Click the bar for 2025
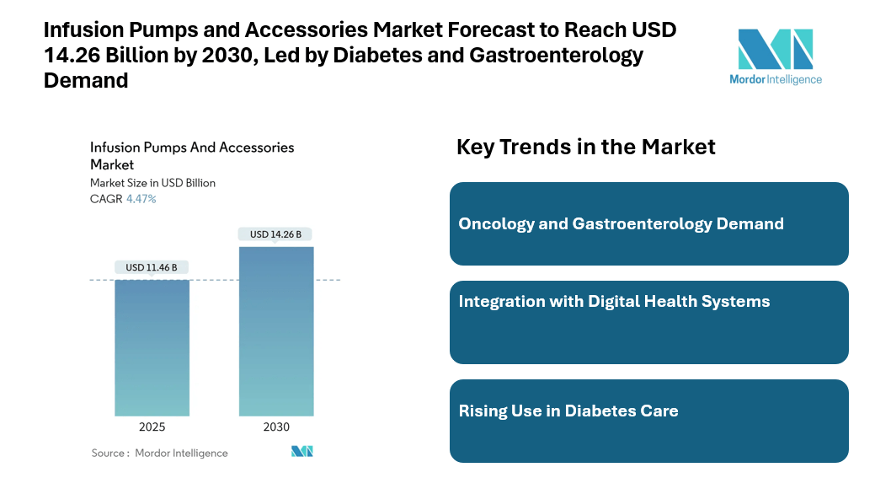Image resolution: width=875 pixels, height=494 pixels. [x=152, y=347]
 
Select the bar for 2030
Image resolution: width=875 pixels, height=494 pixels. [x=276, y=330]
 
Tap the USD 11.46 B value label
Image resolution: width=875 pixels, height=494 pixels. [x=152, y=267]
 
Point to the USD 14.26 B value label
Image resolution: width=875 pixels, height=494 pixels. [x=276, y=234]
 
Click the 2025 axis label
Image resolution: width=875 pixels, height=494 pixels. [x=152, y=427]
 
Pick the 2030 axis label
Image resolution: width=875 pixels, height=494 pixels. [x=276, y=427]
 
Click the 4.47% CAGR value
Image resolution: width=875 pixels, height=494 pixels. [x=141, y=199]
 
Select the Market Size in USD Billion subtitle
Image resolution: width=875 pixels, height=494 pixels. [x=152, y=183]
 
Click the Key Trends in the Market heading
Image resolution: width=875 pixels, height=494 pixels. [x=585, y=147]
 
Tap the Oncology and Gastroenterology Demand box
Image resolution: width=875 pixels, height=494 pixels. [x=648, y=224]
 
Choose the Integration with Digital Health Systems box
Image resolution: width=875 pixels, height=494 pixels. [x=648, y=322]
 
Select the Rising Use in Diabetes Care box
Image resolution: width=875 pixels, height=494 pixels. [x=648, y=421]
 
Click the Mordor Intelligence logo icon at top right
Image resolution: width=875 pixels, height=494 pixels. [x=775, y=49]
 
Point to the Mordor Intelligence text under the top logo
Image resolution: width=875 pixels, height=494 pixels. [x=775, y=79]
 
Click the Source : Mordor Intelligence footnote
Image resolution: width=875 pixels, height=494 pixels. [x=159, y=453]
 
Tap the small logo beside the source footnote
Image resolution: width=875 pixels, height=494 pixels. [x=301, y=452]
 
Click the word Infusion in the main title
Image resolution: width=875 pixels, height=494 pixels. [x=77, y=31]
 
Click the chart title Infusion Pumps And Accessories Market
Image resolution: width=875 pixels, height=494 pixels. [x=192, y=155]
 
